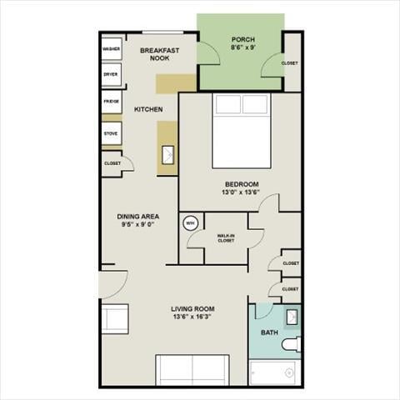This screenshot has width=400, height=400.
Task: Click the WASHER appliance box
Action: click(111, 49)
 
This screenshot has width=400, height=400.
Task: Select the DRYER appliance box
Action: click(111, 74)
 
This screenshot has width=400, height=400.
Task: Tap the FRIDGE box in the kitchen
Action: click(111, 102)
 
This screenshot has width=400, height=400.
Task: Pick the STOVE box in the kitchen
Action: click(111, 133)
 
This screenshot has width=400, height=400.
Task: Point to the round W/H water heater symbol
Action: click(189, 222)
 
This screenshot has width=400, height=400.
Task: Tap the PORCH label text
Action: click(243, 40)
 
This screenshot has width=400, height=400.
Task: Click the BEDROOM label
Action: click(242, 184)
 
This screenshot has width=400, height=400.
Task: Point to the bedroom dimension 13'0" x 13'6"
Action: click(242, 193)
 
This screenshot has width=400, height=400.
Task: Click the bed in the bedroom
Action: click(242, 129)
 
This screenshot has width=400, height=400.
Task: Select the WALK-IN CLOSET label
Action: click(226, 238)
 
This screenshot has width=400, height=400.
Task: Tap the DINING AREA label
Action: click(139, 217)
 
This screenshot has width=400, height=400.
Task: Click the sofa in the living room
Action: click(192, 368)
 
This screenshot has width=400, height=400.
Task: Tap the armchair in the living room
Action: click(116, 319)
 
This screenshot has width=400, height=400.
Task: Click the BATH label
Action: click(269, 332)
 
